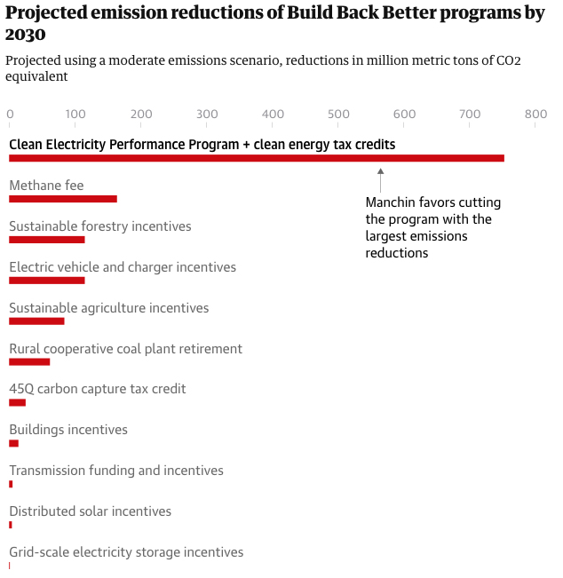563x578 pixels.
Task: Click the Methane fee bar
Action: coord(62,199)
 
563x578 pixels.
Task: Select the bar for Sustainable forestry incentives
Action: coord(46,240)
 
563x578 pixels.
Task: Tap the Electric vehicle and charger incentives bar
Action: coord(46,281)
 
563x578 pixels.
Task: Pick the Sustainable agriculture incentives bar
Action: coord(36,321)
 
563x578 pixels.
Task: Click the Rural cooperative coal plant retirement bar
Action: coord(29,361)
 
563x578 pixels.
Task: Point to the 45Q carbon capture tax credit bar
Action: coord(17,402)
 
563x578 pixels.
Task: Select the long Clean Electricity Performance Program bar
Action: coord(256,158)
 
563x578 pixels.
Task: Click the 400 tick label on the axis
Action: coord(273,114)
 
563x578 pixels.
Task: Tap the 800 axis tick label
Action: coord(535,114)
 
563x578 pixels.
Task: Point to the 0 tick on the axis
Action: coord(10,114)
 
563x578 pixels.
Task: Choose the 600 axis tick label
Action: coord(404,114)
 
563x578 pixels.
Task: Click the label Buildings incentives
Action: coord(68,430)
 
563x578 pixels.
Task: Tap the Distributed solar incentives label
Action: coord(90,511)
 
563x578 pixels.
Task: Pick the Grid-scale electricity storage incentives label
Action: coord(126,552)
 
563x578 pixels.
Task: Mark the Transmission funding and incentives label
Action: coord(116,471)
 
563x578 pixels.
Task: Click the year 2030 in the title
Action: coord(25,34)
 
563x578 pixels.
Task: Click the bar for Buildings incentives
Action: coord(13,443)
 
